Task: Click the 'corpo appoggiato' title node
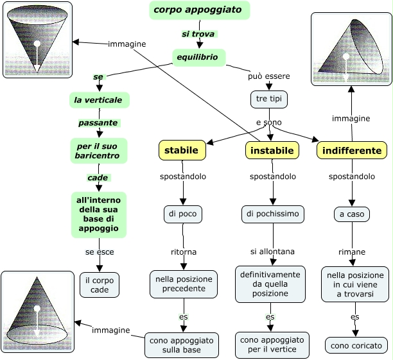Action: pos(199,10)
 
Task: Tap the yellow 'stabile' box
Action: pos(182,150)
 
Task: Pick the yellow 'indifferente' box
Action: pos(352,150)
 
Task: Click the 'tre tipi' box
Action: pos(268,99)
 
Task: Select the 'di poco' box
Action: pos(182,214)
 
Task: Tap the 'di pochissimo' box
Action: pos(272,214)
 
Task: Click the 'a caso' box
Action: pos(352,214)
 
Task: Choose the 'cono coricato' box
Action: pos(356,345)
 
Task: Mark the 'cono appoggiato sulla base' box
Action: pos(182,345)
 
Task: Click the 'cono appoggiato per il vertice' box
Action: pos(272,345)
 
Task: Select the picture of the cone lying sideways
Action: pos(350,48)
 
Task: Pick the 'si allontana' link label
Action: pos(272,250)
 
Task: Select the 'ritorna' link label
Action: pos(184,251)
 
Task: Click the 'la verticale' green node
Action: pos(100,100)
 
